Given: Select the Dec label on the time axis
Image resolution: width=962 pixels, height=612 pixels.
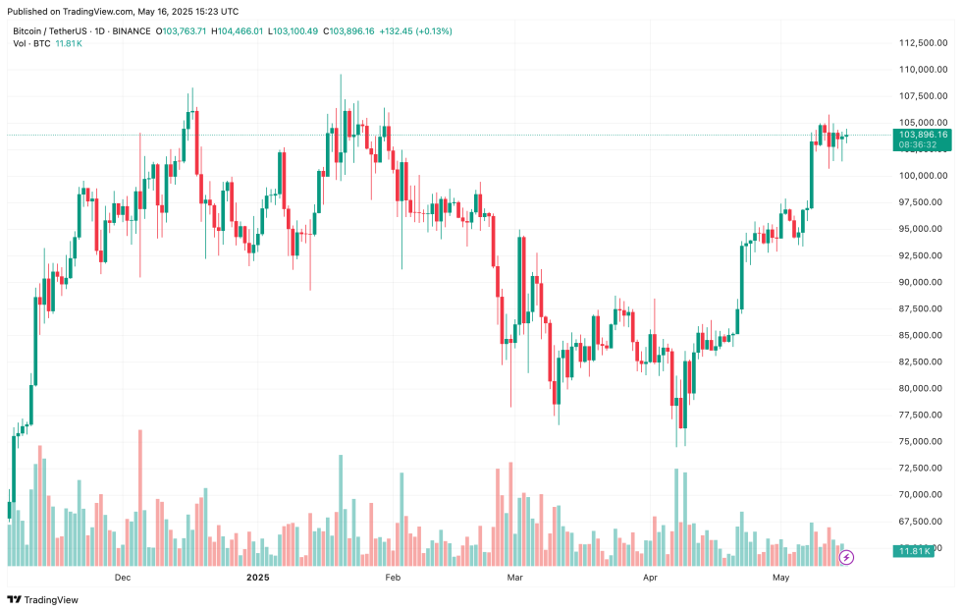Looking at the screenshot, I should (x=123, y=578).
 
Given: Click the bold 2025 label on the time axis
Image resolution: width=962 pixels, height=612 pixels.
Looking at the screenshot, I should (x=257, y=578).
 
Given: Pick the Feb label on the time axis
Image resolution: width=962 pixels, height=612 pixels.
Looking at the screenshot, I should (x=393, y=578).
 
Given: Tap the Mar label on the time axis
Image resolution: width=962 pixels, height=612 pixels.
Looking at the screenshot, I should (x=513, y=578).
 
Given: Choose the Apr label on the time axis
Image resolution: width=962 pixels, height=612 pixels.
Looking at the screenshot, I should (x=649, y=578).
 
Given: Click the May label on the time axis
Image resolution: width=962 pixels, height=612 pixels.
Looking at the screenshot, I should (x=780, y=578).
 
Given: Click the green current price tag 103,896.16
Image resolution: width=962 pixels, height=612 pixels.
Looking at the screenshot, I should (x=922, y=135).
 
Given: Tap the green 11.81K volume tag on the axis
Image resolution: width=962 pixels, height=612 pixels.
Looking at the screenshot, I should (x=915, y=551).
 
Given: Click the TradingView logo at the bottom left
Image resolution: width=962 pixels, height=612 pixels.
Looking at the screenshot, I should (x=43, y=599).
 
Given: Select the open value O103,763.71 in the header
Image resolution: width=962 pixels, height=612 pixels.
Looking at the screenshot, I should (x=182, y=31).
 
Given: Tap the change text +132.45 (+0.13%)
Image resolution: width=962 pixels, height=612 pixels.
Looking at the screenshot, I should (x=420, y=31).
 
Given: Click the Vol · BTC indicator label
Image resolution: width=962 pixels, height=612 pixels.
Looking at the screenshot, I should (x=31, y=44).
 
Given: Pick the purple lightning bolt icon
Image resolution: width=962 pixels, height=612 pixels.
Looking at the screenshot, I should (x=847, y=558).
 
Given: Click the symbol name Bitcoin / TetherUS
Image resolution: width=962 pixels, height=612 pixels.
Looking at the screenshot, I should (x=48, y=31).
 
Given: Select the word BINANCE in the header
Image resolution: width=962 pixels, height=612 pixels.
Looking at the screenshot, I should (x=128, y=31).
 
